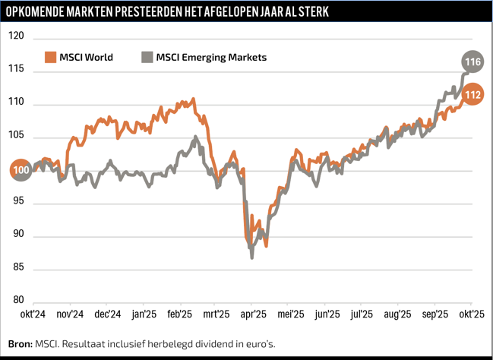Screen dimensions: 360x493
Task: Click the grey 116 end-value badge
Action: pyautogui.click(x=472, y=61)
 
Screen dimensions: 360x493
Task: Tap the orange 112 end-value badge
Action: pyautogui.click(x=472, y=95)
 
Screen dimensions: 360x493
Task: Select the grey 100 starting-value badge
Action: pyautogui.click(x=21, y=170)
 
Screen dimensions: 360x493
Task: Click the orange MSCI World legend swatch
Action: pyautogui.click(x=50, y=57)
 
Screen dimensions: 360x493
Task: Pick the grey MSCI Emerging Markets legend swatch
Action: pyautogui.click(x=147, y=57)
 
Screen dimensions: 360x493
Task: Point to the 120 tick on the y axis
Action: pyautogui.click(x=17, y=36)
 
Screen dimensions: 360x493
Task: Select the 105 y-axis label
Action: pyautogui.click(x=17, y=136)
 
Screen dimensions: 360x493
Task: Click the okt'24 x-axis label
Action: pyautogui.click(x=34, y=314)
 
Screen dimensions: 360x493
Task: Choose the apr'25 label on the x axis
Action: pyautogui.click(x=253, y=314)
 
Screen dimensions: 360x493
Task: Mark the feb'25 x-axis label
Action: pyautogui.click(x=180, y=314)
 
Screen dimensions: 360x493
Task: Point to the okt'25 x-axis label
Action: pyautogui.click(x=471, y=314)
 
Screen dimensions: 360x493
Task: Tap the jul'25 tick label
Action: pyautogui.click(x=362, y=314)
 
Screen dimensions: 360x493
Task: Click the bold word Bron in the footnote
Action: pyautogui.click(x=21, y=343)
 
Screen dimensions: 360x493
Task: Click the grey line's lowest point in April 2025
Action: pyautogui.click(x=251, y=258)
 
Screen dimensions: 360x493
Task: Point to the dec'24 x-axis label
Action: pyautogui.click(x=107, y=314)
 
